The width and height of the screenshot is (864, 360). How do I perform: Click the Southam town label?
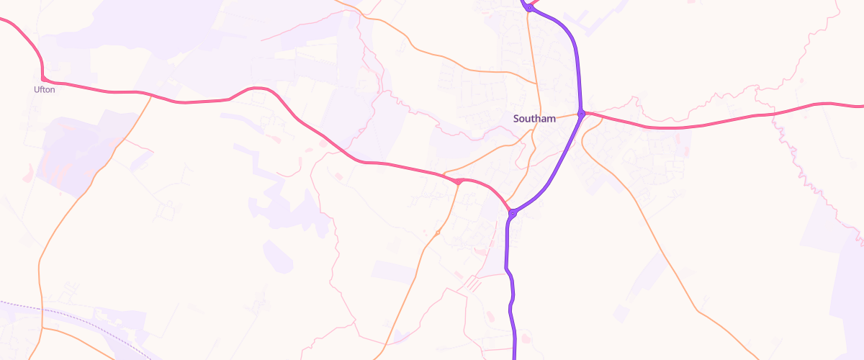(534, 119)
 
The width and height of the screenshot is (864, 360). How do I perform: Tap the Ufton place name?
(44, 90)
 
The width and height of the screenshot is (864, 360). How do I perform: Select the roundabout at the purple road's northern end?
(529, 8)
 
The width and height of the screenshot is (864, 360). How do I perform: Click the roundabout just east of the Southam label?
(582, 113)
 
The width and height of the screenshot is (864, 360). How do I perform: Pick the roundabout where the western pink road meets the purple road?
(512, 213)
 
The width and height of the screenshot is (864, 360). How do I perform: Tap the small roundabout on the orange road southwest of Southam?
(438, 232)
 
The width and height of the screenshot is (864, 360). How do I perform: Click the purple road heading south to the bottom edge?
(513, 317)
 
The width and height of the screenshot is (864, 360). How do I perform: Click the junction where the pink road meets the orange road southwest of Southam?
(459, 181)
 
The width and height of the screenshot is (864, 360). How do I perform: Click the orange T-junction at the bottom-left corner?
(42, 328)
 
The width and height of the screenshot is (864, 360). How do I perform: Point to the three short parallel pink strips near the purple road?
(471, 284)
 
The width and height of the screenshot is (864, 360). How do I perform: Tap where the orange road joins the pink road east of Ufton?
(153, 96)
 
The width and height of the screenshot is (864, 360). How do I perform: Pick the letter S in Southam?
(516, 119)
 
